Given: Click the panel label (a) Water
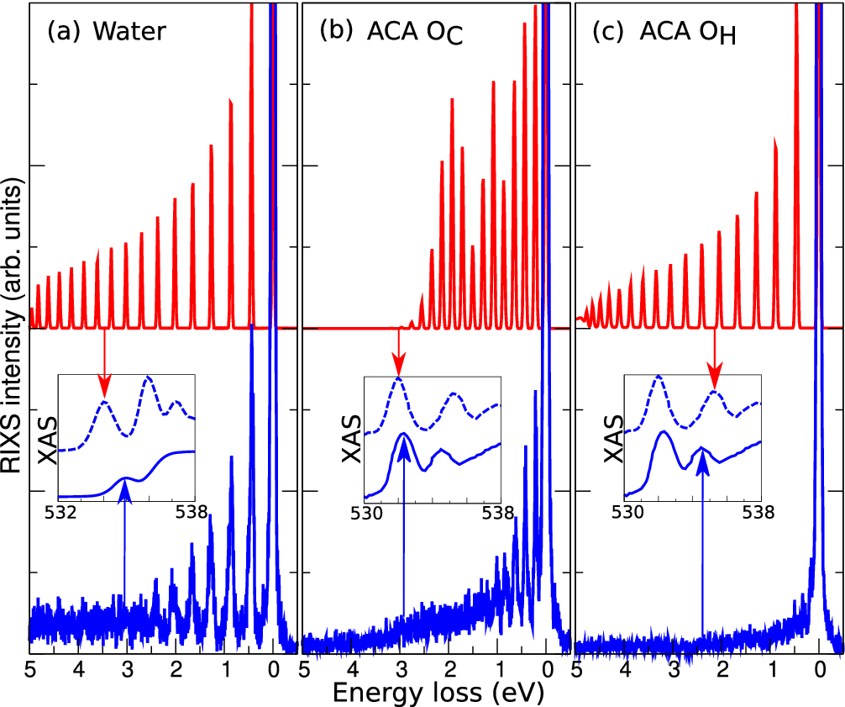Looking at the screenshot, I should pyautogui.click(x=107, y=31).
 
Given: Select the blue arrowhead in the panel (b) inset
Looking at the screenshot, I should pyautogui.click(x=404, y=449).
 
